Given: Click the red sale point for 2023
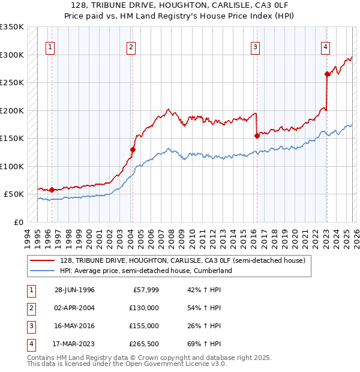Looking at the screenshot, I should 327,74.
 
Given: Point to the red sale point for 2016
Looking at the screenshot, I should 257,136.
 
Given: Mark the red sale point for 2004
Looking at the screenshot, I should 133,149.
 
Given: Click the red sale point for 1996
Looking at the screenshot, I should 52,190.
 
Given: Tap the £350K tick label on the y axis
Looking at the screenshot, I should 12,27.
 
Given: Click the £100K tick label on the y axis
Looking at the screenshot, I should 12,166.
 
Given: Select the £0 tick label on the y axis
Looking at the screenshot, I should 18,222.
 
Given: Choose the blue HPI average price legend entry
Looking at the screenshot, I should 146,271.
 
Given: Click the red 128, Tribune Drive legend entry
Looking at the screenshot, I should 183,260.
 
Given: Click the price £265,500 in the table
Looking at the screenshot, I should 142,344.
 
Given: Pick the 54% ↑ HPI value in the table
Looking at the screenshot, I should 204,308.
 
